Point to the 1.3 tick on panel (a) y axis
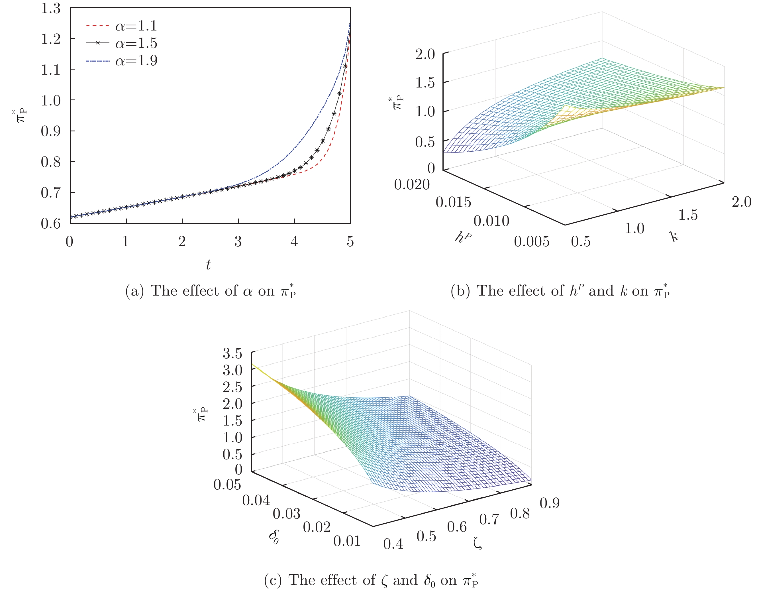pos(51,8)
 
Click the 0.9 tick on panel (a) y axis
pos(51,131)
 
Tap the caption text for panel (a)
pos(210,291)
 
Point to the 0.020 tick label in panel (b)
pos(412,184)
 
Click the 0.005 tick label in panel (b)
pos(531,241)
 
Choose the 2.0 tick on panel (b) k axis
pos(741,202)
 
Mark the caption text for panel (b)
pos(560,291)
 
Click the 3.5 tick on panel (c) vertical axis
pos(232,354)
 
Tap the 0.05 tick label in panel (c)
pos(227,485)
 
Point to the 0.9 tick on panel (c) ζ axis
pos(549,503)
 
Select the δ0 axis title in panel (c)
pos(274,537)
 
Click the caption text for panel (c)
pos(371,580)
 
